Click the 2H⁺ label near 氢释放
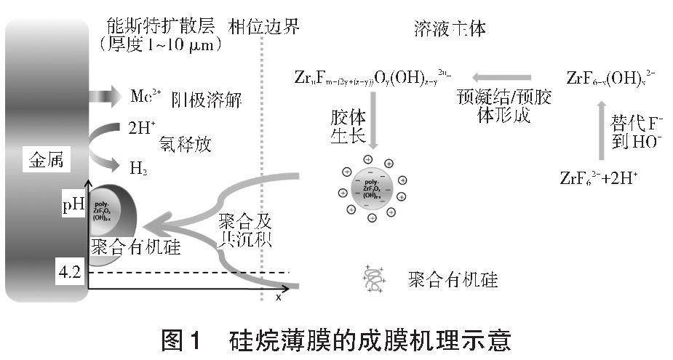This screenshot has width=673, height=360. click(x=143, y=129)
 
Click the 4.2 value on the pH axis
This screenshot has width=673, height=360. click(x=71, y=273)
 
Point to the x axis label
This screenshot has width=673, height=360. click(x=278, y=297)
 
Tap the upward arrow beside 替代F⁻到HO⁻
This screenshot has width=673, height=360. click(x=600, y=129)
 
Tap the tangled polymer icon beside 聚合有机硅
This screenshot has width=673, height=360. click(x=373, y=279)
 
